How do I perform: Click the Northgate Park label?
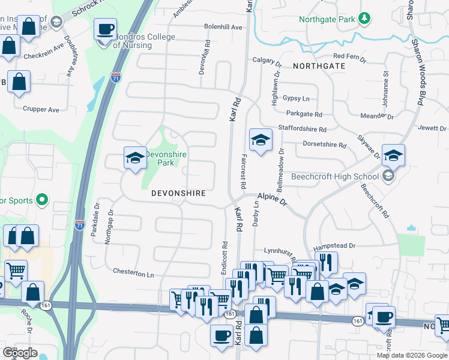point(328,19)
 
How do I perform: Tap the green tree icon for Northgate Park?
point(364,19)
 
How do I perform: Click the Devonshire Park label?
point(166,158)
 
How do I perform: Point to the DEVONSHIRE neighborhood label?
point(179,193)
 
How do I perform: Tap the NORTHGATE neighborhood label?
point(319,65)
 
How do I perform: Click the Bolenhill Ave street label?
point(223,27)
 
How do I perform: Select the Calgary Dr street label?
point(267,61)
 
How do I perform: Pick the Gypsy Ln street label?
point(297,98)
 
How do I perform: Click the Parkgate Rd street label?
point(304,114)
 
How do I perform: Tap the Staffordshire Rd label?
point(302,129)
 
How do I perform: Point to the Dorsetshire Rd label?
point(325,145)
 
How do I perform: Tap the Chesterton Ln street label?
point(134,273)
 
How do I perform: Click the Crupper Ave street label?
point(41,110)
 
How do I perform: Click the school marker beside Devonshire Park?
point(135,158)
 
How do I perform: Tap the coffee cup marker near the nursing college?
point(106,29)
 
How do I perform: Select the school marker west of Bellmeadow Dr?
point(261,140)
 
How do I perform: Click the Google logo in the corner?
point(20,353)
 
